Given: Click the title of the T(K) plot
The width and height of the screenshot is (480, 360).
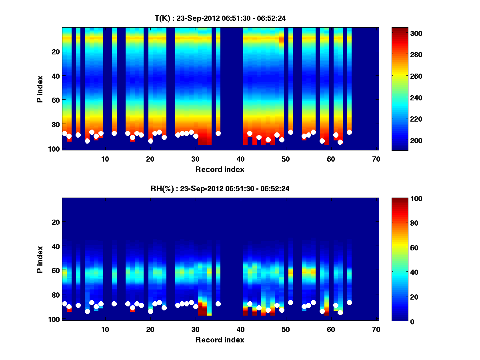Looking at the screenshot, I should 220,18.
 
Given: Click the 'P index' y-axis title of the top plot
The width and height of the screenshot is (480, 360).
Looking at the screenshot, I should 40,89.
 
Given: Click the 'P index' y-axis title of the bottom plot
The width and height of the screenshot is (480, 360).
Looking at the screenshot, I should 40,260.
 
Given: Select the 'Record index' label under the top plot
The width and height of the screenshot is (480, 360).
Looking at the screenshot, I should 220,169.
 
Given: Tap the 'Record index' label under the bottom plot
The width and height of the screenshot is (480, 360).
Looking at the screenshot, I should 220,340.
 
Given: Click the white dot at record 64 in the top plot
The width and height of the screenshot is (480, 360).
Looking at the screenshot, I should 349,132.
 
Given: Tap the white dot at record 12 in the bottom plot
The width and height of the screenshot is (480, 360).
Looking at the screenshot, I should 114,304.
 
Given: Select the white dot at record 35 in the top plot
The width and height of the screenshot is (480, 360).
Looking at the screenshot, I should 218,133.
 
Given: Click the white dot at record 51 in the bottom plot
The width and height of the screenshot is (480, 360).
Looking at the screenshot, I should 290,302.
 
